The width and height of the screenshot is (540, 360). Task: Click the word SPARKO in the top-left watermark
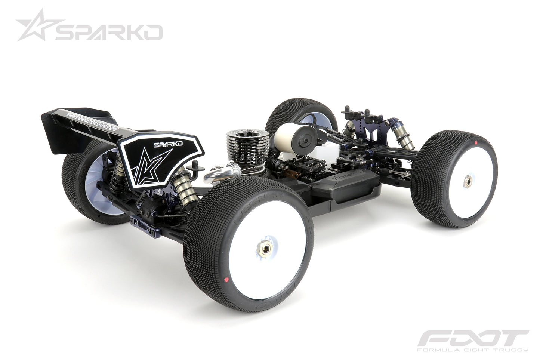[x=108, y=33]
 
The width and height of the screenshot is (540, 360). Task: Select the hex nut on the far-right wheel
[x=467, y=180]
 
